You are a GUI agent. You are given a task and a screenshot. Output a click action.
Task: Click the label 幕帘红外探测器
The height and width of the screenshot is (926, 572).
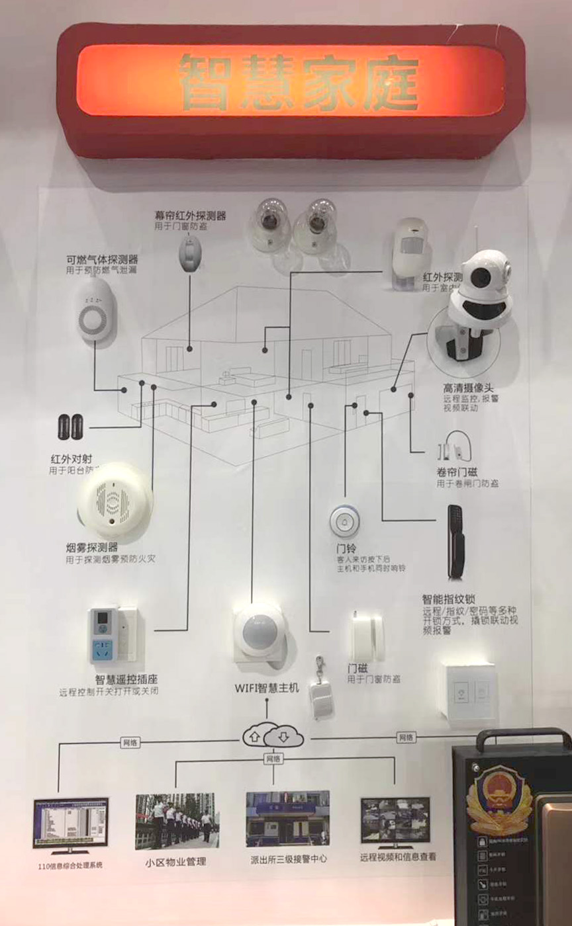coord(190,216)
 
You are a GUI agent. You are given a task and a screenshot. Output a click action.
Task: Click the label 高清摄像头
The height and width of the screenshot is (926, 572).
coord(469,386)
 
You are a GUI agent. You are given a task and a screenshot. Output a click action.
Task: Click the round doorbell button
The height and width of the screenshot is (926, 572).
coord(344,521)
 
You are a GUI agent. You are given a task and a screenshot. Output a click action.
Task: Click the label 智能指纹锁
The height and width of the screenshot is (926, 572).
coord(449,600)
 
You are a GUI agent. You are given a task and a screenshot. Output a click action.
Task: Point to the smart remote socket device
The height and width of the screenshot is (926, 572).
coord(113,634)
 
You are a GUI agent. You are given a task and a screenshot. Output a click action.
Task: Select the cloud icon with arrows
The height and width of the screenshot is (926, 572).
coord(273,735)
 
